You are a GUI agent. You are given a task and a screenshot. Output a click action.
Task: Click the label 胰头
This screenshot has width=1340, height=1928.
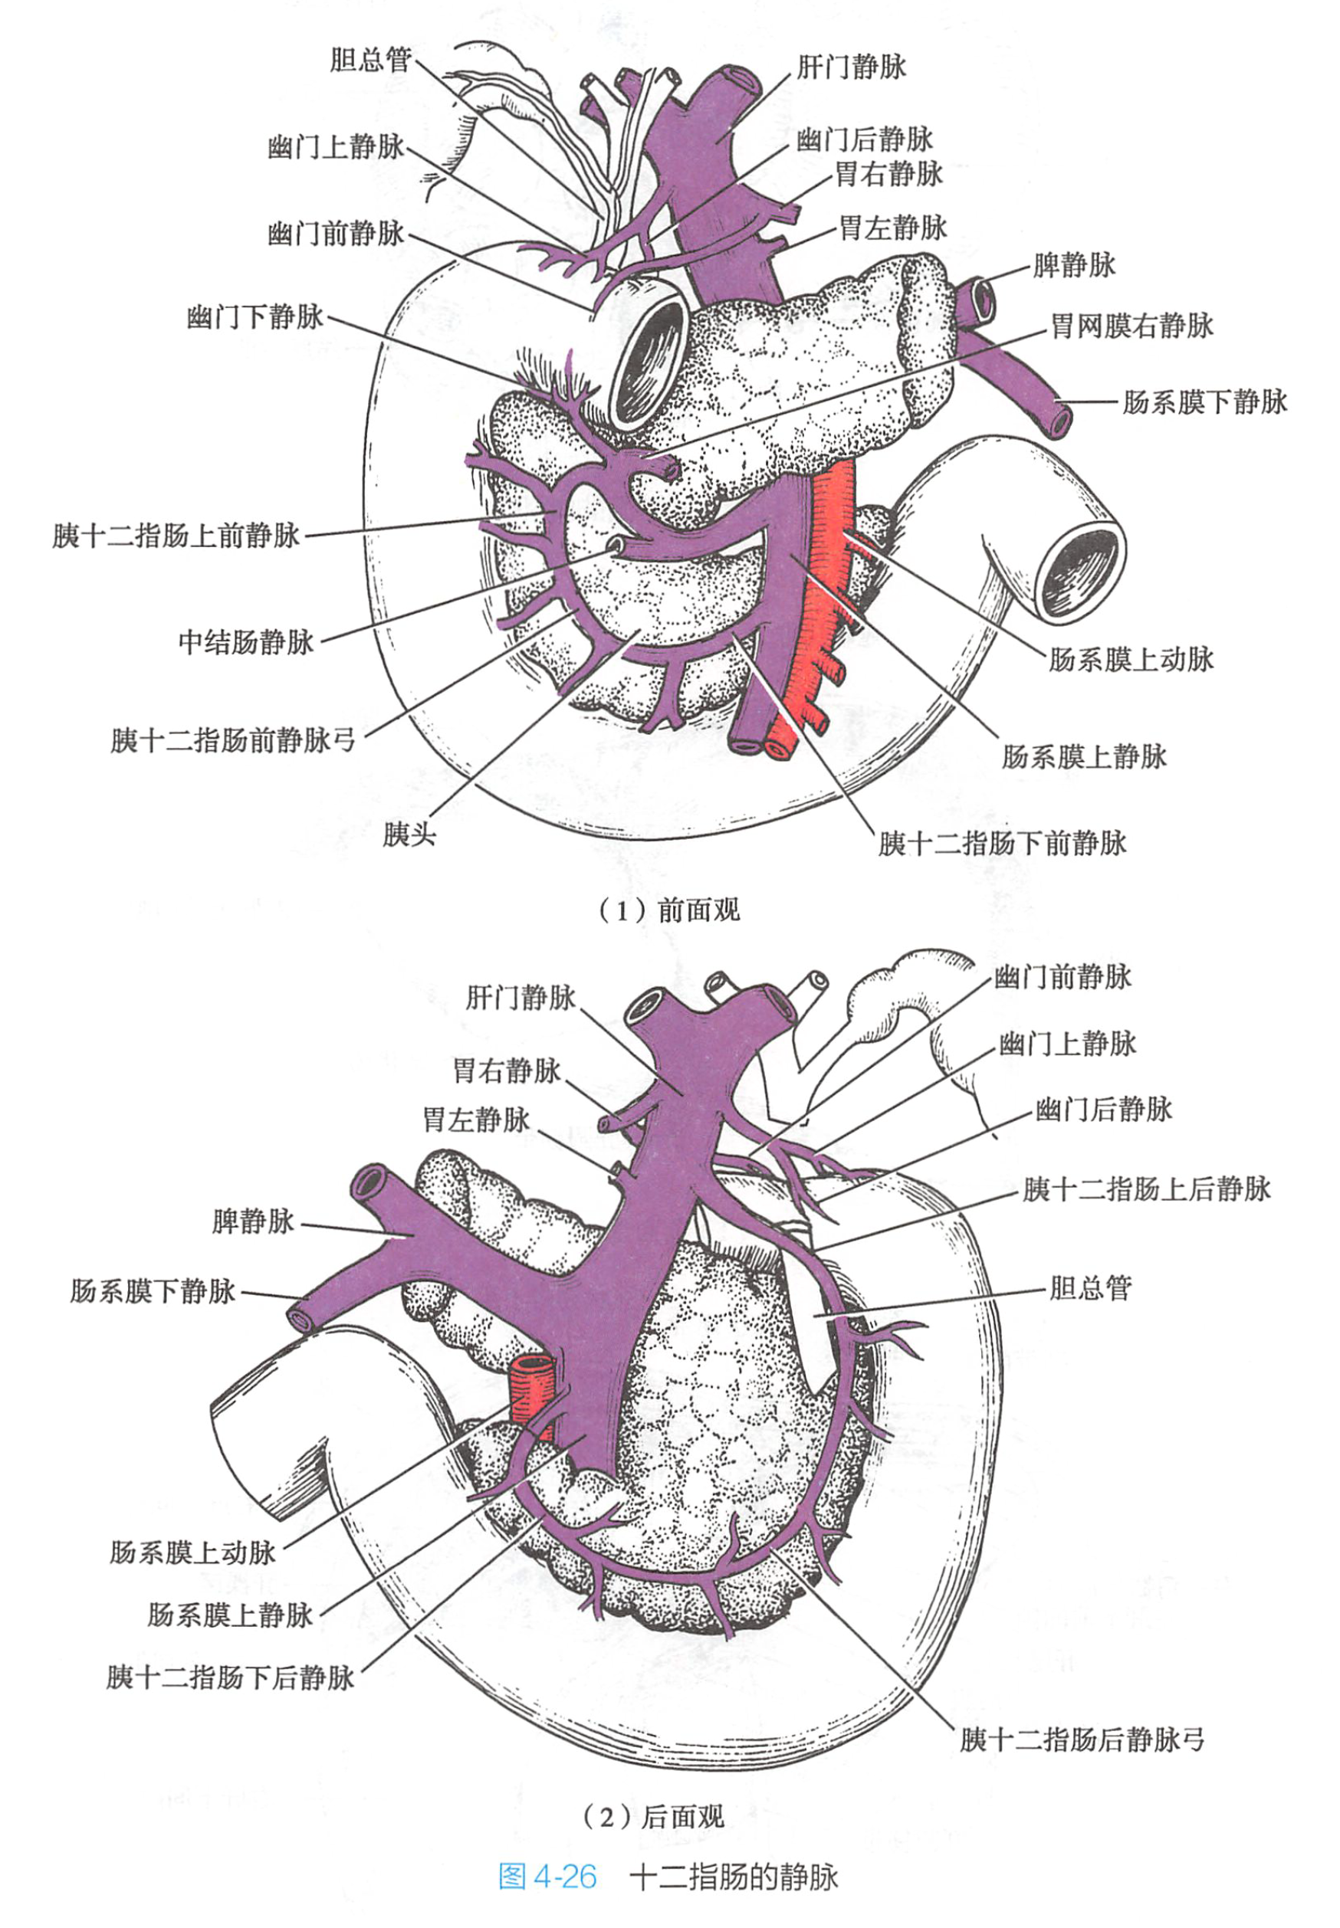[x=409, y=835]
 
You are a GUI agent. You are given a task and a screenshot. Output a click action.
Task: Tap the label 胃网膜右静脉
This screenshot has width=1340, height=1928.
[x=1131, y=326]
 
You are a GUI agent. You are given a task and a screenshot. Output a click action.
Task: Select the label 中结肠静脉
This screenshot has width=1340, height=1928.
[x=246, y=642]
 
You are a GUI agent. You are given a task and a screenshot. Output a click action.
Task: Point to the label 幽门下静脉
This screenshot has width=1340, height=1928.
[x=255, y=317]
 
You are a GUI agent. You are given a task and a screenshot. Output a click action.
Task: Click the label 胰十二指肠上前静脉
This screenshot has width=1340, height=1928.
[x=176, y=536]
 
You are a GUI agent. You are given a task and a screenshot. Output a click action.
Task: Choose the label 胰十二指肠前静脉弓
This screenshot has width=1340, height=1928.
[x=232, y=740]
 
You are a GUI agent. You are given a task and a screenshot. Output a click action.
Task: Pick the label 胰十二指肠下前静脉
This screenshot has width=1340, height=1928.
[x=1002, y=843]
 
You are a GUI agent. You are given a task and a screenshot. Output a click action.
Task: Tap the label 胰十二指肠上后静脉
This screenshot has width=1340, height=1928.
[x=1146, y=1189]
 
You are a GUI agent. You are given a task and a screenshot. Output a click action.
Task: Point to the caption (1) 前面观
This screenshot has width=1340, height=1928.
[x=669, y=910]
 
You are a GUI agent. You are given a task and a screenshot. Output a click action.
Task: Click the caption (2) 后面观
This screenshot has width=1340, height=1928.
[x=653, y=1817]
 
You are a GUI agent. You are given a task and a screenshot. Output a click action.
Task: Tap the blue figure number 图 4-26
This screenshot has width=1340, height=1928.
[x=547, y=1877]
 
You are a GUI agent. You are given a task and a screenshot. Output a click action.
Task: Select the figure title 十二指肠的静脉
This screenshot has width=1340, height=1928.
[x=734, y=1877]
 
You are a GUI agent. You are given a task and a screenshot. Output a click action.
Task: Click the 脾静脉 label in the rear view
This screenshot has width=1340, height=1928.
[x=253, y=1221]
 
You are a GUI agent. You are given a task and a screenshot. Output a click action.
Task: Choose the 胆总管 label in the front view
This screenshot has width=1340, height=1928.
[x=370, y=60]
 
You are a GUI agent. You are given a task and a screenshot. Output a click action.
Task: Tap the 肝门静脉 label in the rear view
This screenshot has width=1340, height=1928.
[x=521, y=997]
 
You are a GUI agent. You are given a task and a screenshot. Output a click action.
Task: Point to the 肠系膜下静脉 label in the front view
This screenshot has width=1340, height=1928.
[x=1204, y=402]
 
